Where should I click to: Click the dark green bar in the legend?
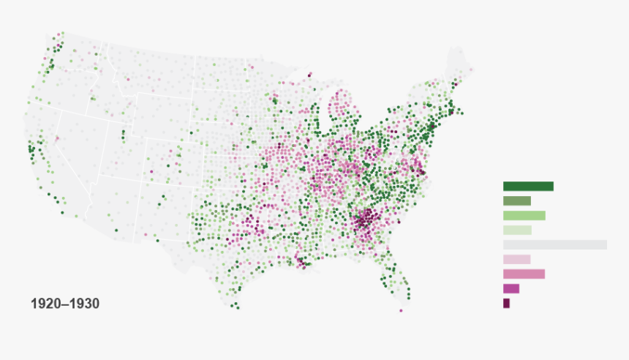click(528, 186)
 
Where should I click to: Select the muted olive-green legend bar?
click(516, 200)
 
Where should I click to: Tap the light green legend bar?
click(524, 215)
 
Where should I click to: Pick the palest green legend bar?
click(516, 230)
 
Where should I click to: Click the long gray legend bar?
click(554, 244)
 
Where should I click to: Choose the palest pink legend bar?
click(516, 259)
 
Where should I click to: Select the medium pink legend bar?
click(524, 274)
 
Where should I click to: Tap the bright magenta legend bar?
click(511, 288)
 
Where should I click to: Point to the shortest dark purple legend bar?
click(506, 303)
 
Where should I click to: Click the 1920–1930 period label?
click(65, 303)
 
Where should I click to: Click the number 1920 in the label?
click(45, 303)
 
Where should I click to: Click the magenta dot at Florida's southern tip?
click(401, 310)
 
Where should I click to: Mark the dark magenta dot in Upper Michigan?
click(309, 74)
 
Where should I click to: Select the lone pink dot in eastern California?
click(57, 138)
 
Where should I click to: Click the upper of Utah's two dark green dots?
click(123, 132)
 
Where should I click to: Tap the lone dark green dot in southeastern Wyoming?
click(191, 132)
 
